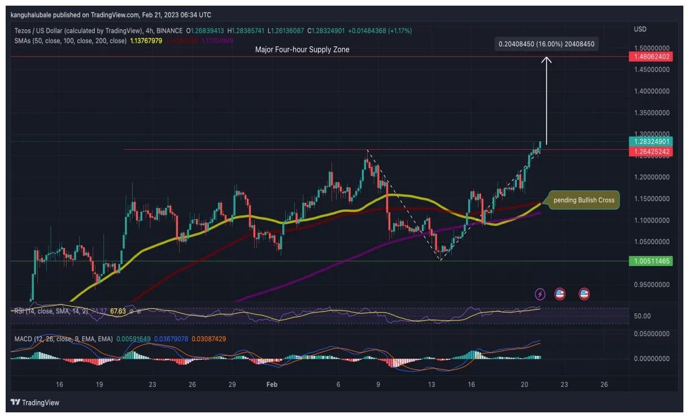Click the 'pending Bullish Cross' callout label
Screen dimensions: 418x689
point(583,200)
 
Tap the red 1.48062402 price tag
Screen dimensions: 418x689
point(652,56)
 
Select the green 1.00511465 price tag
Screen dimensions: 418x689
point(652,260)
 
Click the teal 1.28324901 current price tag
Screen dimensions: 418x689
point(652,141)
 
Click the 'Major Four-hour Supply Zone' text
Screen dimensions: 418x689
point(302,50)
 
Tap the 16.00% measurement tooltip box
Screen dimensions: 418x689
point(546,43)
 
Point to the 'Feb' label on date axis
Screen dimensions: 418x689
point(272,384)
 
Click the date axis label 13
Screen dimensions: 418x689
point(432,384)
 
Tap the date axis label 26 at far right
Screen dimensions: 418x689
point(604,384)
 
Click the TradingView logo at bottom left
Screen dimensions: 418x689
point(35,403)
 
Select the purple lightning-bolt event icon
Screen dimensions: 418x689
point(540,294)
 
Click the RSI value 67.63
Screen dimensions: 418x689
point(118,311)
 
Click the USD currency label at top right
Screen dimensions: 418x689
point(640,29)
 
